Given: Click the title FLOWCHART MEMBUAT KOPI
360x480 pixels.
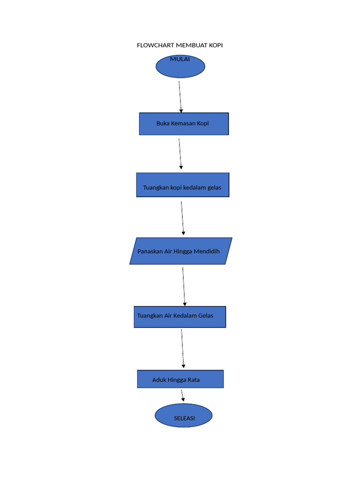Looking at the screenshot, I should point(180,45).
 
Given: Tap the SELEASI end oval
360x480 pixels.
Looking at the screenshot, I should point(184,415).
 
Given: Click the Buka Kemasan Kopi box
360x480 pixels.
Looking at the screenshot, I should point(184,124).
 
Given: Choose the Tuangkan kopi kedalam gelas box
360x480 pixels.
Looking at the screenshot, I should point(183,185).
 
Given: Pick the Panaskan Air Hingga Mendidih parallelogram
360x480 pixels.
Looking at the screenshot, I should point(180,251).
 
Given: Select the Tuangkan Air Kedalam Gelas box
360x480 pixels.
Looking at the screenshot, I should point(180,317).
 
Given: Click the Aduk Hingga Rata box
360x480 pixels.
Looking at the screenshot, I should point(180,379).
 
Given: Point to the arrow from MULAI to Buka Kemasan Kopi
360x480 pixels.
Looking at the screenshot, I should point(180,97).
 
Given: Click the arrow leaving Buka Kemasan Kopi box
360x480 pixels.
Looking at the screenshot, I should point(180,154).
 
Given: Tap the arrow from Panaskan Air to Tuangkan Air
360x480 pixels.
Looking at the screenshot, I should point(184,286).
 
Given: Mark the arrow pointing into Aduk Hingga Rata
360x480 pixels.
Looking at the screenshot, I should point(182,349).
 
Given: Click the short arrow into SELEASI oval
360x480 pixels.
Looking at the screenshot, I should point(182,395).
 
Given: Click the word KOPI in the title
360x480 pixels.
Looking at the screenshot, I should point(216,45).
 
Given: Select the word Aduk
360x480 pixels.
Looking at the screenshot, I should point(159,380).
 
